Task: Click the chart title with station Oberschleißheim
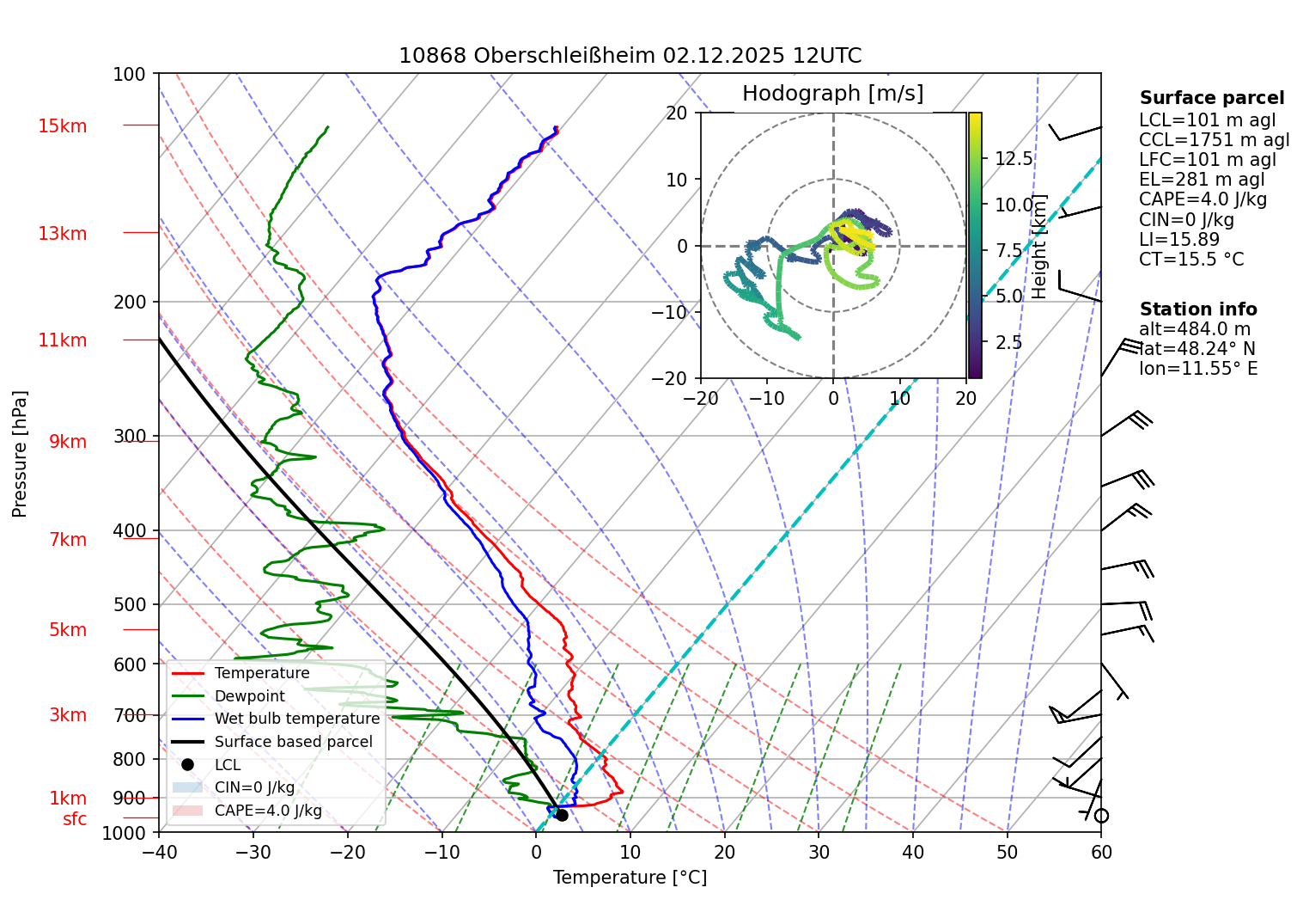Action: pos(630,56)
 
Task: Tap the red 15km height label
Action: pos(62,126)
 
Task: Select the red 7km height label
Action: pos(68,540)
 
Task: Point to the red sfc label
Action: pos(75,819)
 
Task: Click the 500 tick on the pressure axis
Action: pos(130,604)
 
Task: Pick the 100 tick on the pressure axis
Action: pos(130,74)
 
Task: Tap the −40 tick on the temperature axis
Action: pos(159,852)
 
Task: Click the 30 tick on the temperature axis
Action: pos(819,852)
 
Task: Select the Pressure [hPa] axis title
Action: pos(20,454)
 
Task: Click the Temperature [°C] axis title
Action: pos(630,877)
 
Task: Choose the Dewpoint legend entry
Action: pos(249,696)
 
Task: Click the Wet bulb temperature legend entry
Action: pos(296,719)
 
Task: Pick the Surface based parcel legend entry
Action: pos(293,742)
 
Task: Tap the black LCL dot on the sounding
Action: pos(562,815)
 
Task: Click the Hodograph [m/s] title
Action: pos(832,93)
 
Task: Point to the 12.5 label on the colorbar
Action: pos(1014,158)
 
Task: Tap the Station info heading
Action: pos(1198,309)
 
